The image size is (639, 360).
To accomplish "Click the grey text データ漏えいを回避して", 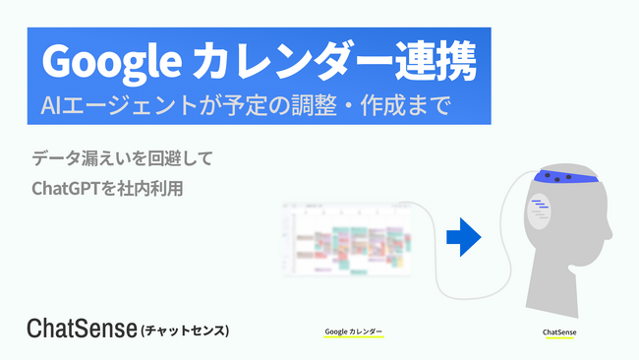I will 122,157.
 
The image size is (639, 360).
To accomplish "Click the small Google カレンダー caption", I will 353,332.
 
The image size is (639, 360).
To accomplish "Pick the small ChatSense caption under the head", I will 559,332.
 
